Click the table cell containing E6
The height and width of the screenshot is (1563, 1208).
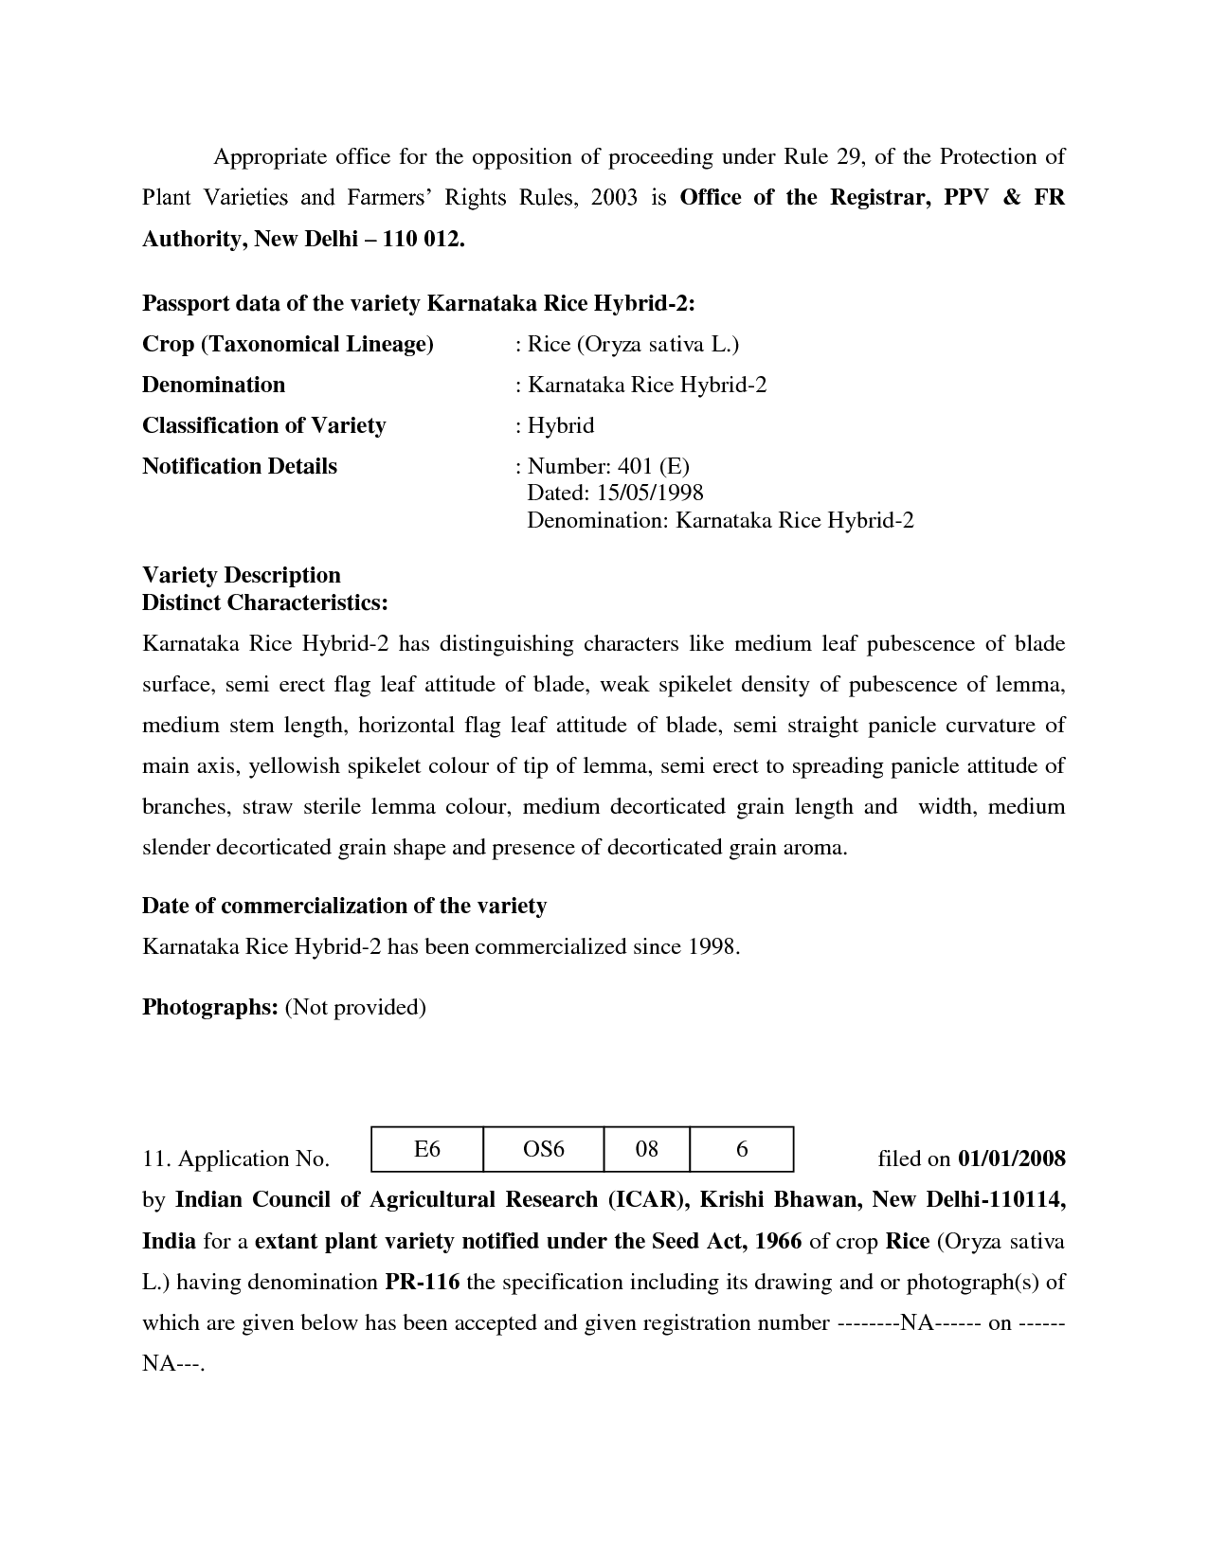click(x=427, y=1149)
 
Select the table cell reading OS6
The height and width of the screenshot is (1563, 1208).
click(x=543, y=1149)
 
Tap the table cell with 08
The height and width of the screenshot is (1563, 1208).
click(x=646, y=1149)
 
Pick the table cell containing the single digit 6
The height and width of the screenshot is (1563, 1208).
click(x=742, y=1149)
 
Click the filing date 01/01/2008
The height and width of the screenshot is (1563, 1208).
click(x=1012, y=1159)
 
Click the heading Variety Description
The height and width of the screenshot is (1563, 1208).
click(x=242, y=575)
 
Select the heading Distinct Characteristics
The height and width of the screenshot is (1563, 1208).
click(x=264, y=602)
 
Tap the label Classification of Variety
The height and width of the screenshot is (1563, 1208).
click(x=263, y=425)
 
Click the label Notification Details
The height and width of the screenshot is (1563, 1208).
click(x=239, y=466)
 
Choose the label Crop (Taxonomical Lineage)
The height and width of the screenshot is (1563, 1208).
click(x=287, y=344)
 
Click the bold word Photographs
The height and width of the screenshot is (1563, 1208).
click(x=209, y=1007)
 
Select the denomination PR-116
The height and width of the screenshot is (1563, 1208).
click(x=422, y=1283)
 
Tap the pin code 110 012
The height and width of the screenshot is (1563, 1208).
click(x=423, y=239)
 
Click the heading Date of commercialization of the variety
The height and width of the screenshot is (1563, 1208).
click(x=344, y=907)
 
